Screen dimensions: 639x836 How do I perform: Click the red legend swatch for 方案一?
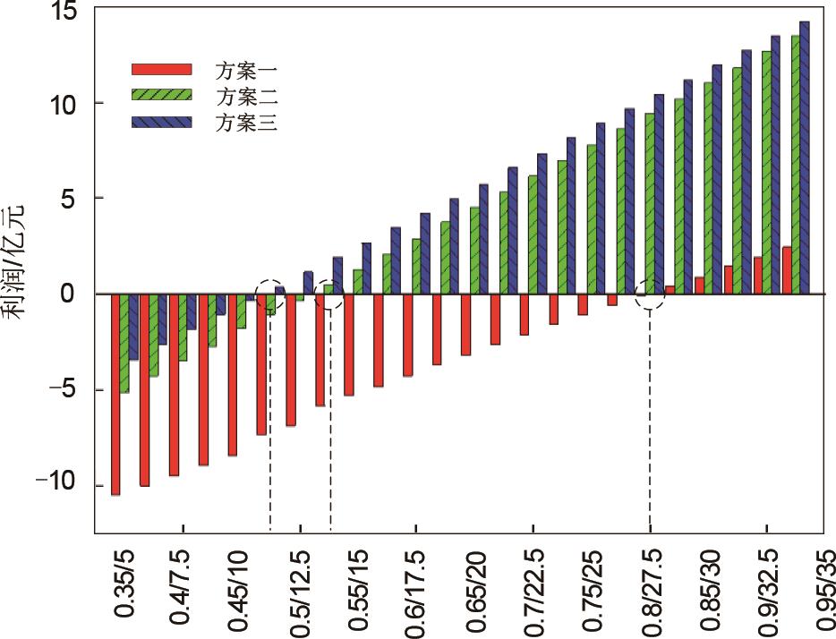tap(162, 69)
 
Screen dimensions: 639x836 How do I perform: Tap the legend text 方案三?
tap(246, 124)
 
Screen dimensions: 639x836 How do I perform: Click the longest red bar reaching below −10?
tap(115, 394)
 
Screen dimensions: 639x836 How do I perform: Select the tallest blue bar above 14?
tap(804, 158)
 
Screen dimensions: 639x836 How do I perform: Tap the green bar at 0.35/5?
tap(124, 343)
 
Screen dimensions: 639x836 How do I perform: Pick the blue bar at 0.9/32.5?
tap(775, 165)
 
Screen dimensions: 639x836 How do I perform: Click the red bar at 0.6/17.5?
tap(407, 335)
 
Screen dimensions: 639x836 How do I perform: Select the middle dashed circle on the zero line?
tap(330, 296)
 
